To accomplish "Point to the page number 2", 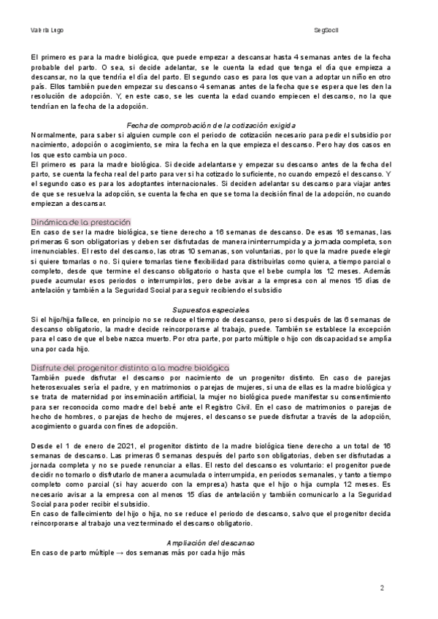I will [x=382, y=586].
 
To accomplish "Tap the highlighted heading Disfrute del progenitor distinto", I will [x=130, y=366].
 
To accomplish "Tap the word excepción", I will [x=377, y=328].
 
